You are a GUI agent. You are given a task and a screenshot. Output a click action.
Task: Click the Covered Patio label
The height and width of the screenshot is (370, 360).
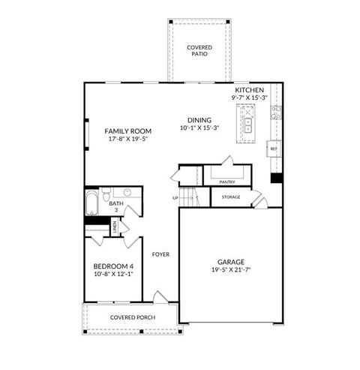(x=199, y=50)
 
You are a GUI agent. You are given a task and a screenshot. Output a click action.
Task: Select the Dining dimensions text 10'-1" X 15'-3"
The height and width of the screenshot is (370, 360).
(x=199, y=128)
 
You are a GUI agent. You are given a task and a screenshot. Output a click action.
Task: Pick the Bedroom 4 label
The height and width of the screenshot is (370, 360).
(x=112, y=266)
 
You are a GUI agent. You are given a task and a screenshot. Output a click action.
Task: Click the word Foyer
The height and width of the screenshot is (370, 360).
(x=160, y=254)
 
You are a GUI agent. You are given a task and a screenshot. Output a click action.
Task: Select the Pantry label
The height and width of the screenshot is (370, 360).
(x=228, y=182)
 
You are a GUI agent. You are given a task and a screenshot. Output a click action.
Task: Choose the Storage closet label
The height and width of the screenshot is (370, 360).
(x=230, y=197)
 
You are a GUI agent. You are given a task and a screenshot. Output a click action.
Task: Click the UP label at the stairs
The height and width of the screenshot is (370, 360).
(x=175, y=198)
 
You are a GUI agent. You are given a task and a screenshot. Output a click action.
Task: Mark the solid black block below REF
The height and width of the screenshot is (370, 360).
(x=276, y=179)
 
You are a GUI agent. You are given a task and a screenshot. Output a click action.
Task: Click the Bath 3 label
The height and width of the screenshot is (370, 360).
(x=116, y=206)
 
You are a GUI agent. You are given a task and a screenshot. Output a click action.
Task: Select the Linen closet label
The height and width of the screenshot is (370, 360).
(x=115, y=227)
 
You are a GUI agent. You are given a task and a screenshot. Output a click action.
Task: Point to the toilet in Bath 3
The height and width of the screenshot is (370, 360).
(x=107, y=192)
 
